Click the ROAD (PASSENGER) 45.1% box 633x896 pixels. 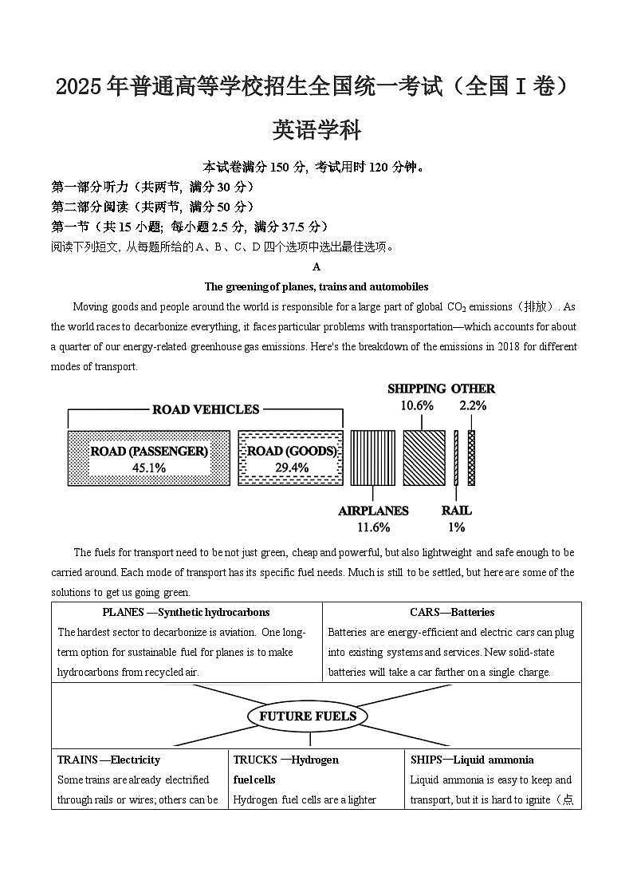(149, 458)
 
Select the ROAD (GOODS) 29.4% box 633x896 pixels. (291, 458)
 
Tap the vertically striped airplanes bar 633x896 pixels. (372, 458)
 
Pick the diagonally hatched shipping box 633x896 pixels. (423, 458)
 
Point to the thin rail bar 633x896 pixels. (456, 458)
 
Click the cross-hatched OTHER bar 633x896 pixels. (471, 458)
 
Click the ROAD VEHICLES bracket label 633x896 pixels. (206, 409)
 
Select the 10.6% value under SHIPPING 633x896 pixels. (417, 405)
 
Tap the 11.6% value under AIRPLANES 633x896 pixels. (373, 527)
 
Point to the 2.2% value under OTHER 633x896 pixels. (473, 405)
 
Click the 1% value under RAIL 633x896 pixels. (456, 527)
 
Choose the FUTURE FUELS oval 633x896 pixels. (308, 716)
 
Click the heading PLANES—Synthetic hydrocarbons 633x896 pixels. (186, 613)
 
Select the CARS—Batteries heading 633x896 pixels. (452, 613)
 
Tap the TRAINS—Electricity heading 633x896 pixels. (108, 760)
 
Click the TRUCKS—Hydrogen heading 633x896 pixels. (286, 760)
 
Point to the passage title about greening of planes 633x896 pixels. (316, 287)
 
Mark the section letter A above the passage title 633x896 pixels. (316, 267)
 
